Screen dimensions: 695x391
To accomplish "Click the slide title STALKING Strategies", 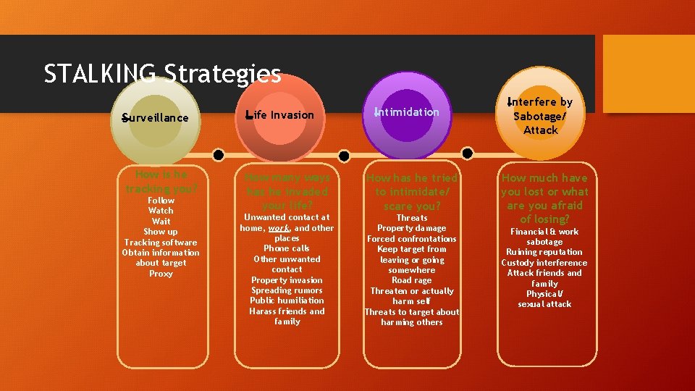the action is pyautogui.click(x=162, y=74).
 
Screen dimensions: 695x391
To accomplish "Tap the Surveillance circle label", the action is pyautogui.click(x=156, y=118).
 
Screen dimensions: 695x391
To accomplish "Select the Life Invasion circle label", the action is pyautogui.click(x=281, y=114).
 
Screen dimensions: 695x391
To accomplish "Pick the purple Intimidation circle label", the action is pyautogui.click(x=408, y=112).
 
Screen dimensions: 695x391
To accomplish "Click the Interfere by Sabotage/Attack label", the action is pyautogui.click(x=541, y=116).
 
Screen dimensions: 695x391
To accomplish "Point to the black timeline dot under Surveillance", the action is pyautogui.click(x=218, y=155).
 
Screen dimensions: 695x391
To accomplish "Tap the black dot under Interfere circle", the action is pyautogui.click(x=467, y=153).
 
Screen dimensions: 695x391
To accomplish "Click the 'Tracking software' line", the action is pyautogui.click(x=161, y=243).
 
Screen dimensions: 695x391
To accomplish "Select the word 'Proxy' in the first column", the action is pyautogui.click(x=161, y=274).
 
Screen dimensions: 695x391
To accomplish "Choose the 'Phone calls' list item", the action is pyautogui.click(x=287, y=248).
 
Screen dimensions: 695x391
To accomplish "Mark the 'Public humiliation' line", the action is pyautogui.click(x=287, y=300).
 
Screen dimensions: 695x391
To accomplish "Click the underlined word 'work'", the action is pyautogui.click(x=279, y=228).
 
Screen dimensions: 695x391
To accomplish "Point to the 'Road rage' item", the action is pyautogui.click(x=411, y=280).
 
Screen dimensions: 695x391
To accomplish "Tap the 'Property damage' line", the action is pyautogui.click(x=411, y=228).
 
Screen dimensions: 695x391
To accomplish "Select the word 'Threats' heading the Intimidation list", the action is pyautogui.click(x=411, y=218).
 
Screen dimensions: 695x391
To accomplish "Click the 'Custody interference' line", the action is pyautogui.click(x=544, y=263).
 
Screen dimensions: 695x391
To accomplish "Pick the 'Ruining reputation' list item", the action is pyautogui.click(x=544, y=252).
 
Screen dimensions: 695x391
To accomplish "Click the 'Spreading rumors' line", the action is pyautogui.click(x=287, y=290).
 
